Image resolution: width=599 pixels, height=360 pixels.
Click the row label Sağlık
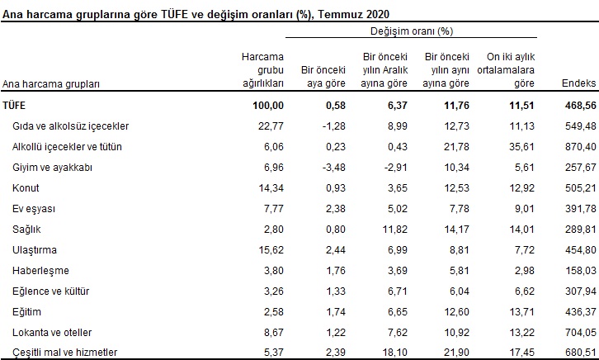(x=27, y=227)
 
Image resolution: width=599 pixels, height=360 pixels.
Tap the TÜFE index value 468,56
(x=578, y=105)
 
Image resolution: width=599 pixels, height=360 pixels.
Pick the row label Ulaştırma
(x=34, y=248)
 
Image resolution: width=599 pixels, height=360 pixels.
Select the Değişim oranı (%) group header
(x=412, y=31)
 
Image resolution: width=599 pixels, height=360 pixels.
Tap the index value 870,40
(x=578, y=146)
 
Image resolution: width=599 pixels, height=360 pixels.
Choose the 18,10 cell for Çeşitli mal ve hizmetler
(x=391, y=353)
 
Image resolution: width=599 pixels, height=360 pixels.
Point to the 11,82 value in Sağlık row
(x=391, y=227)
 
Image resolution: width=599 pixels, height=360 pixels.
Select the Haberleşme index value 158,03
(x=578, y=268)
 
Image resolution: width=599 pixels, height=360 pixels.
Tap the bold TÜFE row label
(x=14, y=105)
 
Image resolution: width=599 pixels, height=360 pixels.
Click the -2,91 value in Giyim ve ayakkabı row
(x=391, y=166)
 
